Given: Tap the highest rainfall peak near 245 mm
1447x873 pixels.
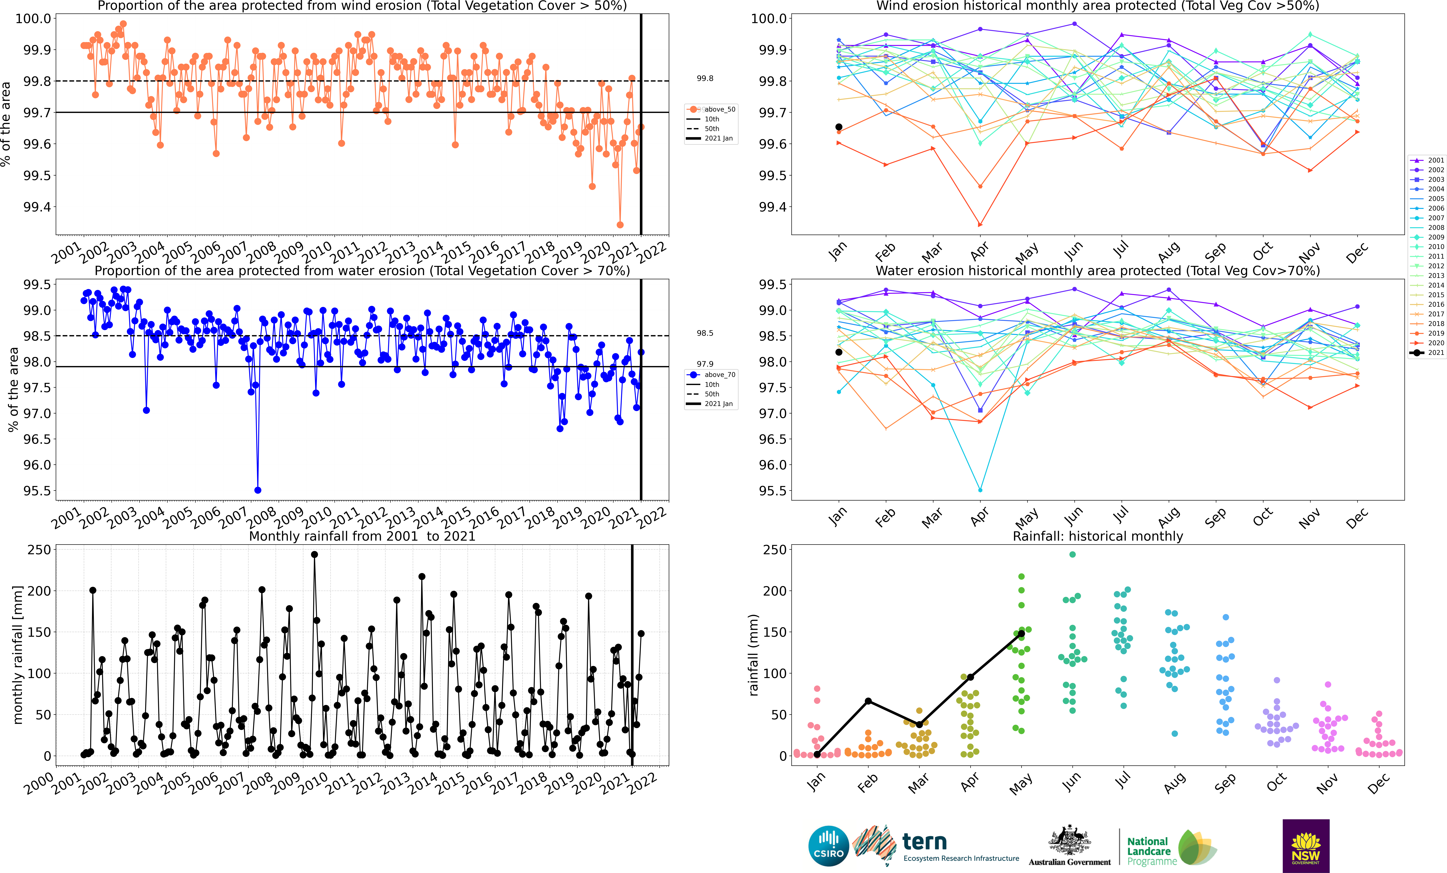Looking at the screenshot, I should click(x=314, y=554).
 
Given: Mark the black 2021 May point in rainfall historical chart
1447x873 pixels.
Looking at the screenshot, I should click(x=1021, y=634).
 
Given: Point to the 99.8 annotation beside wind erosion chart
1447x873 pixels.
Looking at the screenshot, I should click(x=705, y=78).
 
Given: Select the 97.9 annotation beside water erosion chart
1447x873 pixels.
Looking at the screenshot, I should click(x=705, y=364).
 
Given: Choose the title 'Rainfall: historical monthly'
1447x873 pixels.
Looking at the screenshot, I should click(x=1098, y=536).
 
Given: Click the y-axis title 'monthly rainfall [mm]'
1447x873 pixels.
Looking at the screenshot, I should click(x=18, y=655).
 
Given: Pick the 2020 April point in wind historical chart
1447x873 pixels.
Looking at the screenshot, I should click(x=980, y=224).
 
